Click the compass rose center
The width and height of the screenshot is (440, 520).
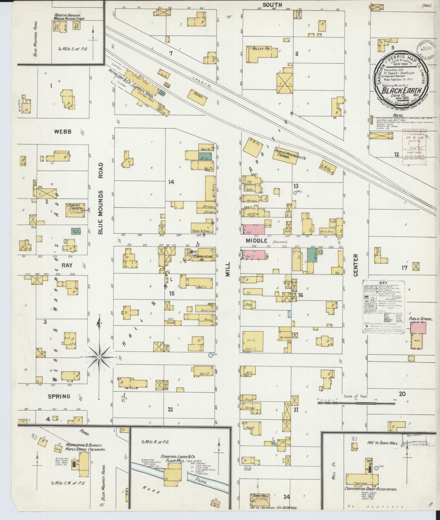[x=99, y=356]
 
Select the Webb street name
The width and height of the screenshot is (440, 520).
[x=63, y=132]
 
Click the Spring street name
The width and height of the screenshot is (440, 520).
[x=59, y=397]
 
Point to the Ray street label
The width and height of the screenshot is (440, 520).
[x=67, y=265]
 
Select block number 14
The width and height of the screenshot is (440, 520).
[x=171, y=182]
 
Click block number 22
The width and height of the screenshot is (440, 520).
[x=170, y=409]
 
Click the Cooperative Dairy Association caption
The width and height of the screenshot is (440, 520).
[x=370, y=489]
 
